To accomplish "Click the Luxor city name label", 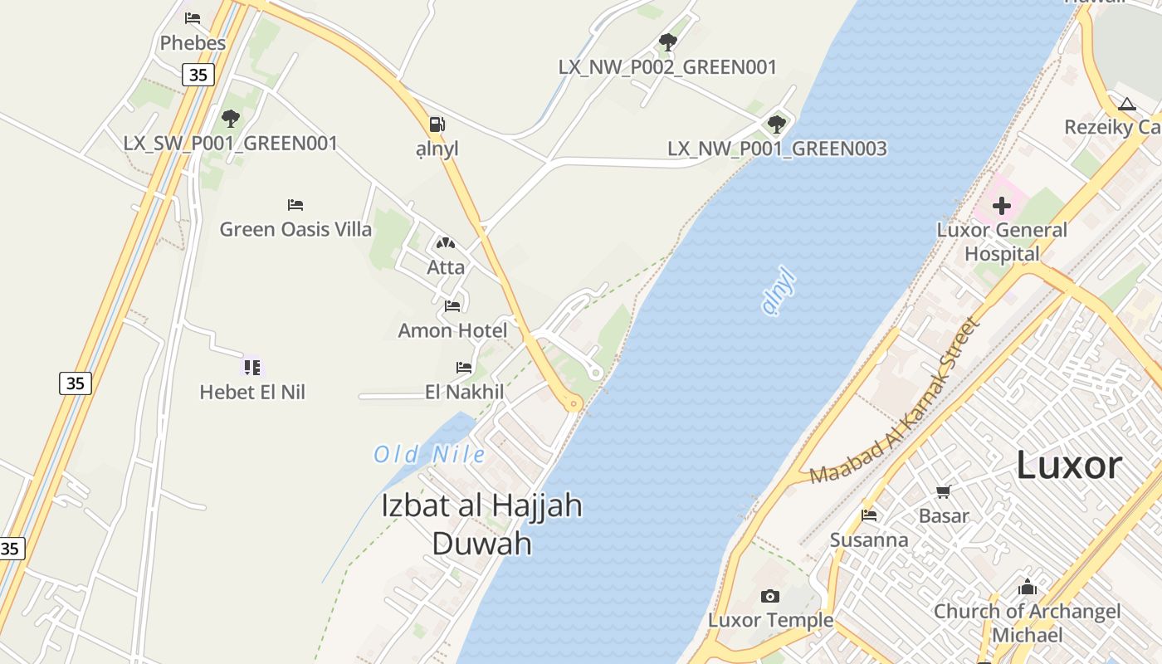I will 1069,466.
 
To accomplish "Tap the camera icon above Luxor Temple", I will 770,596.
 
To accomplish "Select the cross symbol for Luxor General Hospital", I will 1002,205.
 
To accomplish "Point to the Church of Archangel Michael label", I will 1027,622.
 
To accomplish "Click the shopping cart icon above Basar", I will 943,492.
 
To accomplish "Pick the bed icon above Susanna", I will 869,515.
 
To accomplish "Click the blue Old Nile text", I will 429,454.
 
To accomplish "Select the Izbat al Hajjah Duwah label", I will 481,524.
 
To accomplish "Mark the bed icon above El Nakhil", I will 464,367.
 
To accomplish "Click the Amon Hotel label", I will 452,330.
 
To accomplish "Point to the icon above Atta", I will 446,244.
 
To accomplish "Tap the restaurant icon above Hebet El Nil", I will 252,366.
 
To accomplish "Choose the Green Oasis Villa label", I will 295,229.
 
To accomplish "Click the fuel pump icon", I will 437,124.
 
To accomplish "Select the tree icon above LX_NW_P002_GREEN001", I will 667,41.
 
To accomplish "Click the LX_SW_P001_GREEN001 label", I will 231,143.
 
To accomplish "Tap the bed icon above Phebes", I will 193,17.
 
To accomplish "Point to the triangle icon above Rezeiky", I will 1126,104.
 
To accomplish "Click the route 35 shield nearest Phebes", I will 198,75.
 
